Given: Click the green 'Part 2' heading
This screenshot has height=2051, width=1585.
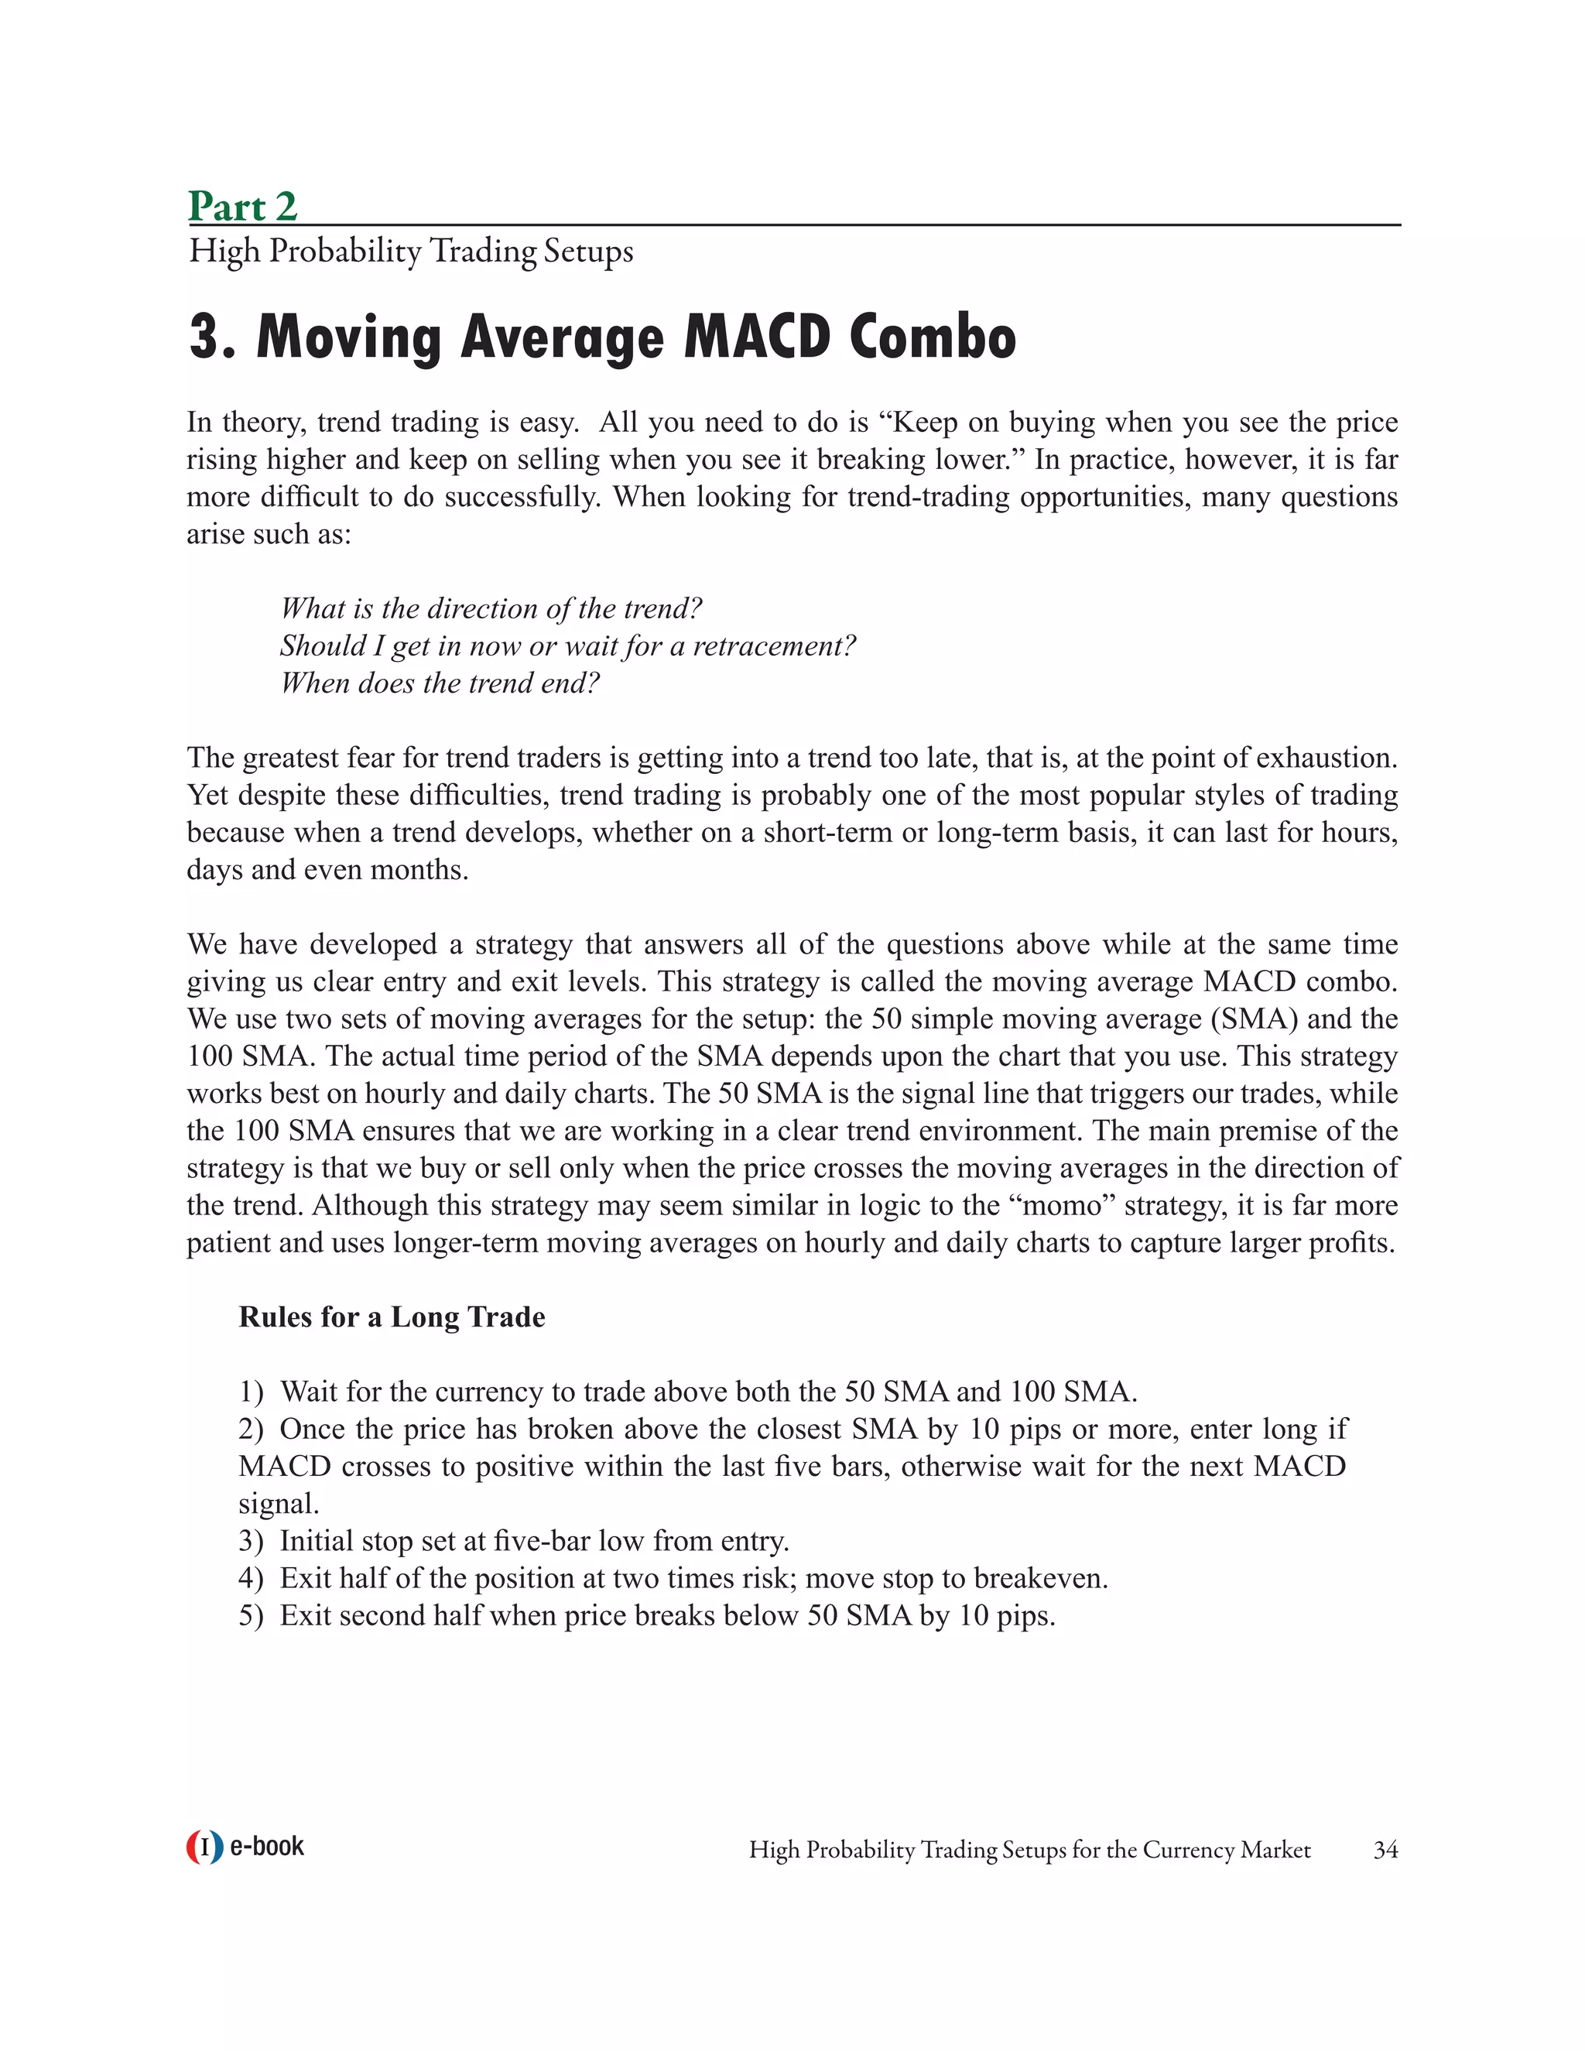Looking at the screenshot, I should pos(242,206).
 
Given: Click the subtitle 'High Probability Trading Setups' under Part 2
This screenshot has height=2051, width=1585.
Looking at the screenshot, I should pos(410,252).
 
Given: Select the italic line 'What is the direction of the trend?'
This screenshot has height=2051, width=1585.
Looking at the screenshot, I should pos(490,608).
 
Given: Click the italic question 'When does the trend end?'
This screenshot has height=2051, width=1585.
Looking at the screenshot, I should pos(439,683).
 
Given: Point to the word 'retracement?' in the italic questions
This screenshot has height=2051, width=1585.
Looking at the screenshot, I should pos(774,646).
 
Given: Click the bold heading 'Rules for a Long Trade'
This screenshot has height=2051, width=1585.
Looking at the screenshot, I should pos(392,1317).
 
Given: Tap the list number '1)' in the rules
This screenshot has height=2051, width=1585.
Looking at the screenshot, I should pos(251,1392).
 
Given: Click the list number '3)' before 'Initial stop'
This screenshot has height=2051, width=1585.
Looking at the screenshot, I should pos(251,1541).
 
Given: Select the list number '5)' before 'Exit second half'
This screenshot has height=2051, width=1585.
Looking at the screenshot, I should pos(251,1615).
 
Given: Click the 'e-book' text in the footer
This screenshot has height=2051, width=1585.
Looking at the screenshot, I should pos(267,1846).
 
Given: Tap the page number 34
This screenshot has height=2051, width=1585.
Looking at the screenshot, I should pos(1385,1850).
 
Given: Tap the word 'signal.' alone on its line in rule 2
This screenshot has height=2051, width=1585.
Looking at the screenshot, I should pos(279,1504).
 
